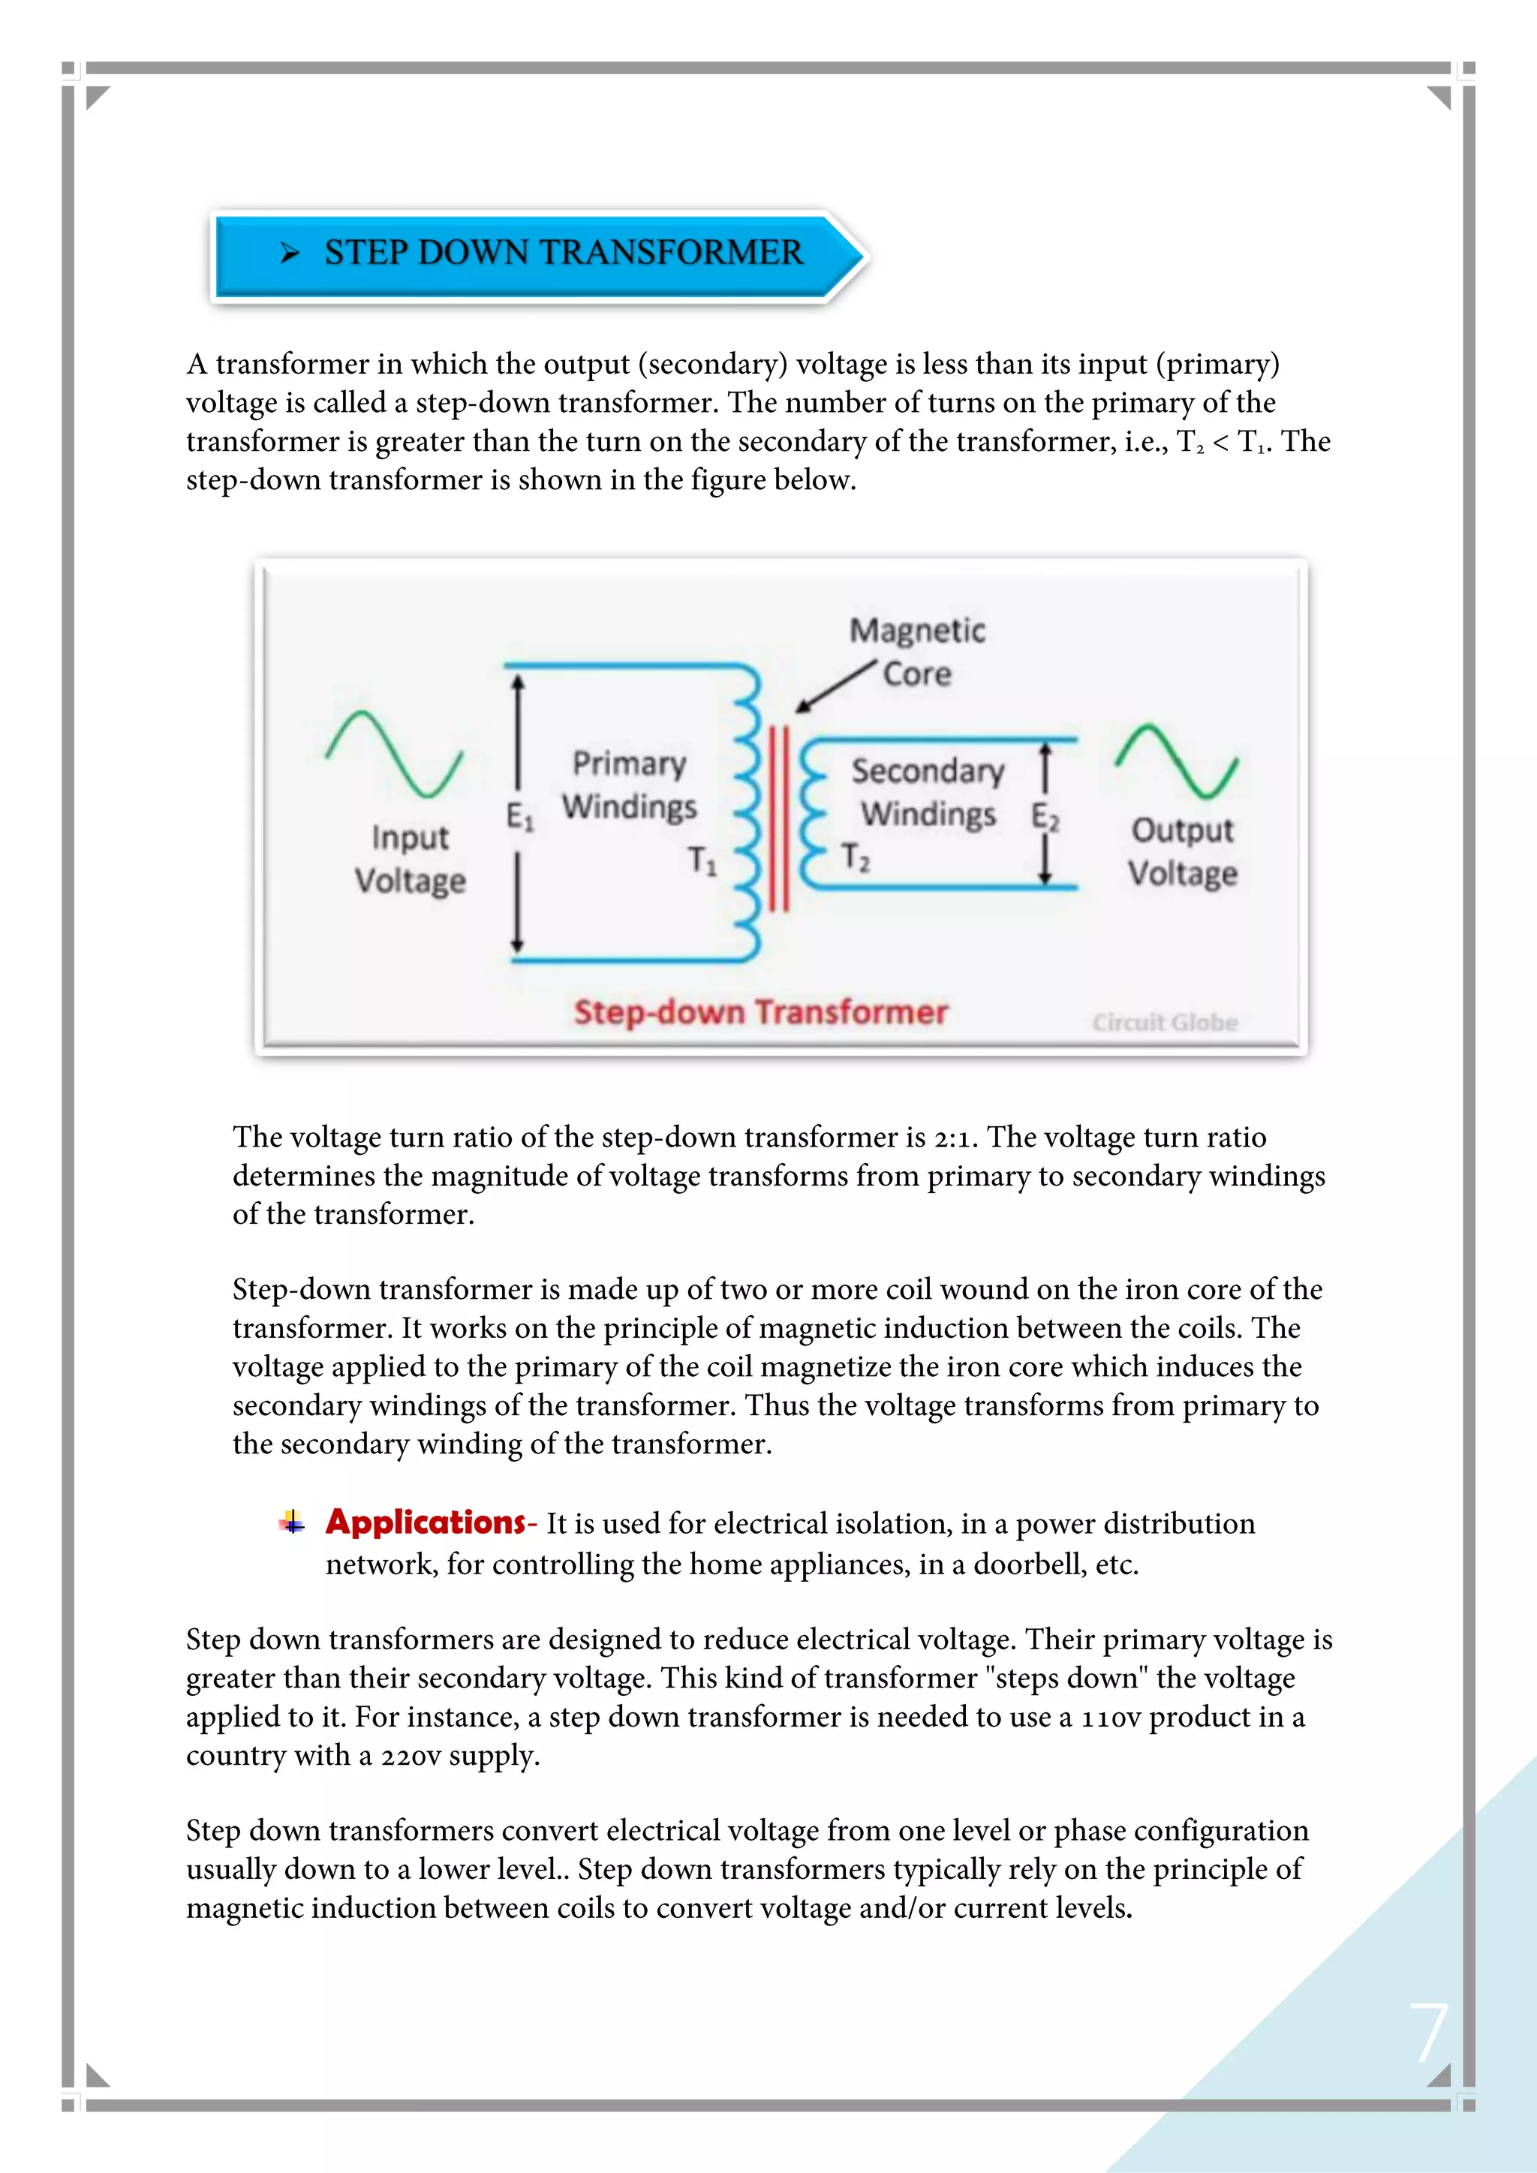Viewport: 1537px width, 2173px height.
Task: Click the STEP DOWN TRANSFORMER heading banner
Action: tap(540, 254)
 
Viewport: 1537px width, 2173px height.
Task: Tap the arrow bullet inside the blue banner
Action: tap(290, 253)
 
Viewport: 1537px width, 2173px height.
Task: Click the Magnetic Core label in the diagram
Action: tap(916, 651)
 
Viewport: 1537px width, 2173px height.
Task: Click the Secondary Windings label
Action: tap(928, 792)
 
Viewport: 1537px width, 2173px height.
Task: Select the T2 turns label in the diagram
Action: tap(855, 855)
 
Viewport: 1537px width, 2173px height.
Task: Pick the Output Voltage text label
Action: tap(1182, 851)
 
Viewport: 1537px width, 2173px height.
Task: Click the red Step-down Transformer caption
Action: tap(760, 1011)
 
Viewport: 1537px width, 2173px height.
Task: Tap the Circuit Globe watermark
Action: tap(1164, 1022)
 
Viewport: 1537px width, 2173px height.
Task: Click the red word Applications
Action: tap(425, 1522)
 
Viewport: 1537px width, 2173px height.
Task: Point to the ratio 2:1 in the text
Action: tap(954, 1138)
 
